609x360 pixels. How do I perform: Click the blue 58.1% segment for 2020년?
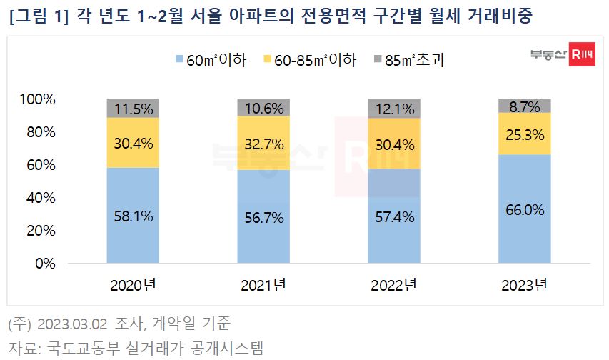click(133, 215)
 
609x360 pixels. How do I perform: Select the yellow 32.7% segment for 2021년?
click(263, 143)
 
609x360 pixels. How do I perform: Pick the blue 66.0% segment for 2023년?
click(525, 209)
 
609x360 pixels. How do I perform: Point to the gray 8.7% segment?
click(525, 106)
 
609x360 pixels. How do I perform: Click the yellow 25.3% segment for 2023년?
click(525, 134)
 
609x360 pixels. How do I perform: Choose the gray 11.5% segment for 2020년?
click(133, 108)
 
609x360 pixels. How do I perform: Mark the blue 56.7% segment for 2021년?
click(263, 216)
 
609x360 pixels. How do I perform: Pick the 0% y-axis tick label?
click(46, 264)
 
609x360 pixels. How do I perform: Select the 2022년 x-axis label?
click(393, 286)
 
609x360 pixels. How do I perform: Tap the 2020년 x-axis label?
click(133, 286)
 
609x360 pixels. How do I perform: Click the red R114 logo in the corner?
click(581, 57)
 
